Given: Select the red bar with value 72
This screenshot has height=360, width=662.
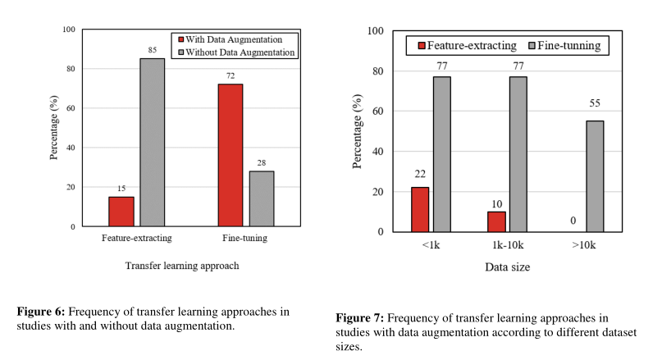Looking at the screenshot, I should click(x=231, y=155).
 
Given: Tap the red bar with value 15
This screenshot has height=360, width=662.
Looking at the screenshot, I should click(x=121, y=211).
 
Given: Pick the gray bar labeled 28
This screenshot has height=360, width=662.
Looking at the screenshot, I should click(x=262, y=198).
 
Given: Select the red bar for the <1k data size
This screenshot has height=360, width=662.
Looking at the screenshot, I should click(x=419, y=209).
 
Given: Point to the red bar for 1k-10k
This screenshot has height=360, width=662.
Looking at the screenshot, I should click(x=496, y=221).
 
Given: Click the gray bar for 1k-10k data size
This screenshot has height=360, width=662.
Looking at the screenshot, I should click(x=518, y=154).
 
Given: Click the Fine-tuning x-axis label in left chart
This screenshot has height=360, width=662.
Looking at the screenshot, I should click(x=245, y=238).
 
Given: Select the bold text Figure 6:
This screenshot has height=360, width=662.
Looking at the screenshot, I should click(x=41, y=312).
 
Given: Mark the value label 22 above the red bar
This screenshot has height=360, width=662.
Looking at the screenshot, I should click(x=419, y=175).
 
